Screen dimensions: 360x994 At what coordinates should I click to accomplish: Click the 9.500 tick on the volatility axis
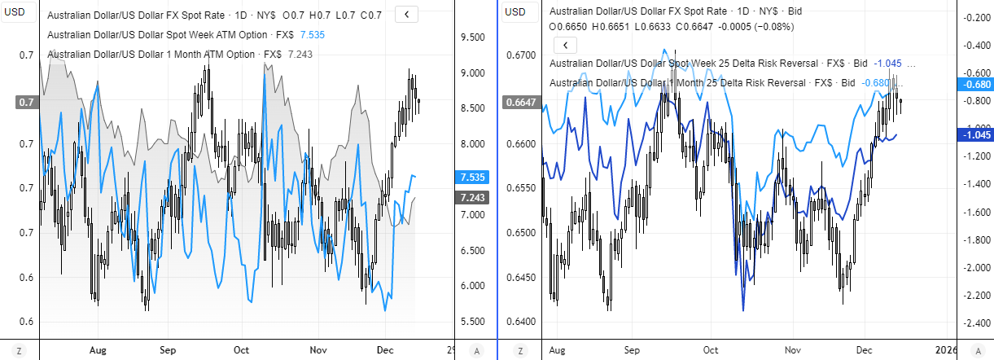pos(473,37)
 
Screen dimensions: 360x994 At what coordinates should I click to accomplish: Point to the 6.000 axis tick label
pos(473,286)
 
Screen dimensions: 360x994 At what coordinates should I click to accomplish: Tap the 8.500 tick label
pos(473,108)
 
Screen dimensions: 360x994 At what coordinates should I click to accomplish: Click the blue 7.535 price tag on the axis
pos(473,177)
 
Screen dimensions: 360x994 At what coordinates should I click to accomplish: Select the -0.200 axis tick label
pos(972,18)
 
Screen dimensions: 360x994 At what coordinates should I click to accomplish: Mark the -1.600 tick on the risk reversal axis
pos(972,213)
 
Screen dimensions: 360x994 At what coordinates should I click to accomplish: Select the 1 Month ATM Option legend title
pos(162,55)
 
